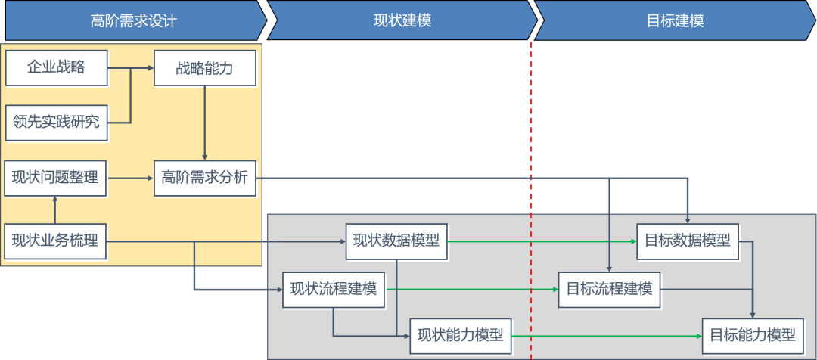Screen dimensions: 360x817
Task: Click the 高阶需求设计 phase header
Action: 132,20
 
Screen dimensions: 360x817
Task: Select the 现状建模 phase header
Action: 401,20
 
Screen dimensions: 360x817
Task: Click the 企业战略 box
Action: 56,68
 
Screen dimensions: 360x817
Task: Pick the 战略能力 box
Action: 205,68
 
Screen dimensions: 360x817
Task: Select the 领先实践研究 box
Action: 56,122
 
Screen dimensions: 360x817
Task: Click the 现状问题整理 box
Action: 55,178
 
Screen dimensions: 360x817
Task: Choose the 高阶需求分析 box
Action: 205,178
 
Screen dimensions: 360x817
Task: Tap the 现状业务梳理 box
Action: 55,242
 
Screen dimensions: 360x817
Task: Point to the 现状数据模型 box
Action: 396,242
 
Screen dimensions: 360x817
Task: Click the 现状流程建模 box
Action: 334,289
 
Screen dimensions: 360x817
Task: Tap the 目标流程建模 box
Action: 609,289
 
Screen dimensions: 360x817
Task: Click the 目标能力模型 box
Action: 752,335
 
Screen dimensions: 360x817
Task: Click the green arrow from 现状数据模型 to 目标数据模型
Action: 541,242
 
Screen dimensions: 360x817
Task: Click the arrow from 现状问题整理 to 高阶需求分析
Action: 129,178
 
